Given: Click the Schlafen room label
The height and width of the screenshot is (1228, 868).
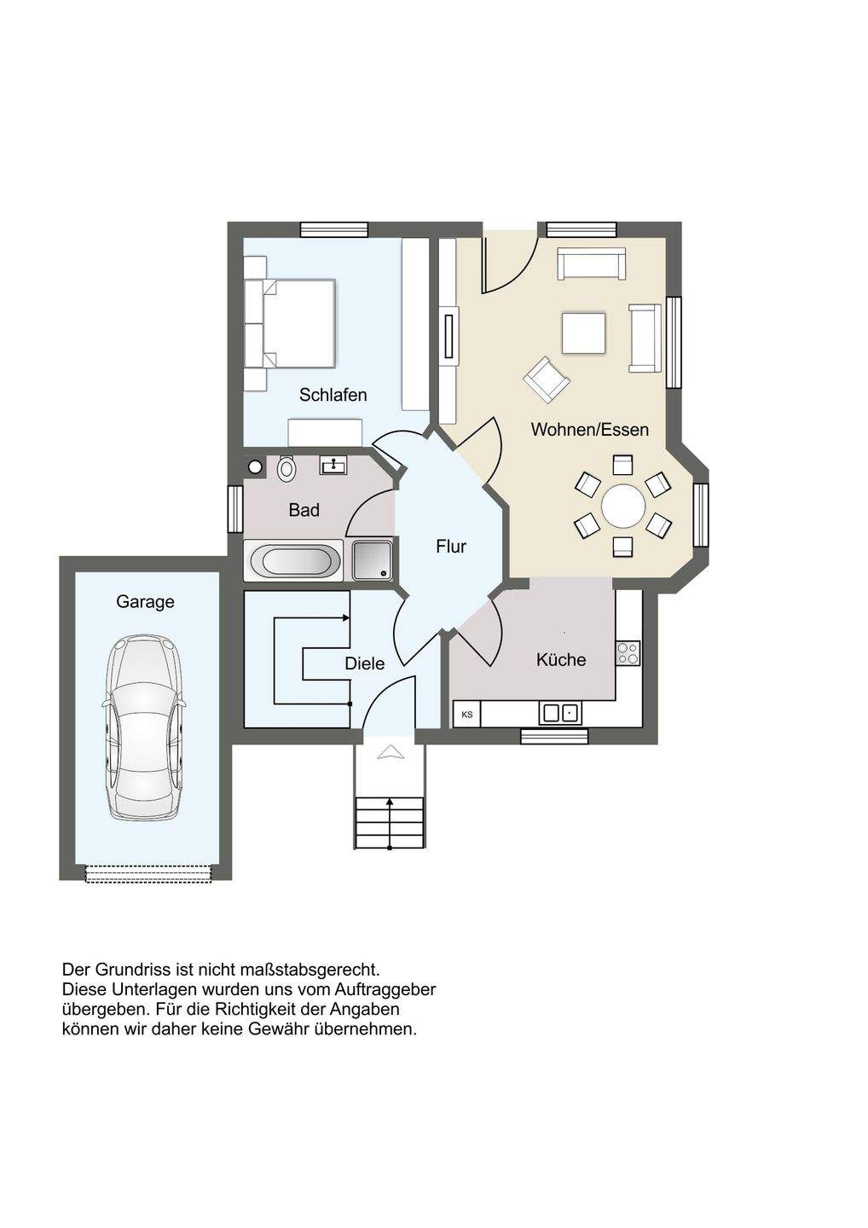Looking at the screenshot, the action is coord(333,395).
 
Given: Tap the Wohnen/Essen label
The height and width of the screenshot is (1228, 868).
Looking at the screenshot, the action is coord(590,429).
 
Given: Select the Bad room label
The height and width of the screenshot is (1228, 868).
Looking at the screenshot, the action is coord(304,510).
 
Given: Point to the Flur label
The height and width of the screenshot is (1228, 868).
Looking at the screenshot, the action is coord(451,546).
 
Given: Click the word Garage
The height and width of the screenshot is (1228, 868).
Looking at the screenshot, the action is coord(145,602).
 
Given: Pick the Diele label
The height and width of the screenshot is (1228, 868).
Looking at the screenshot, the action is coord(364,663).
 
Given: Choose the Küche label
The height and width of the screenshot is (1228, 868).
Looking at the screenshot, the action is coord(561,659).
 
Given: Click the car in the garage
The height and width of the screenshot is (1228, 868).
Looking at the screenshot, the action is coord(143,727).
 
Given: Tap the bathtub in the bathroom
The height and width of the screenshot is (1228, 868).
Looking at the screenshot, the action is coord(292,560).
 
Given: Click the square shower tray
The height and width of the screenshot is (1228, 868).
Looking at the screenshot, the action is coord(372,560).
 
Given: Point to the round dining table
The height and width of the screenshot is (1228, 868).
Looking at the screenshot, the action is coord(623,506).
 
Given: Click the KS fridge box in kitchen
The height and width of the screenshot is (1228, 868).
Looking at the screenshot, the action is coord(467,715).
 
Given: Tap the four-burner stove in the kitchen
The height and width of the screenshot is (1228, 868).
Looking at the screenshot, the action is coord(628,653).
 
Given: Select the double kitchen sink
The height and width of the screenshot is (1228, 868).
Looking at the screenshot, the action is coord(560,713).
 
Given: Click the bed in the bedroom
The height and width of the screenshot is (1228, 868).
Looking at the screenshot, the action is coord(291,322).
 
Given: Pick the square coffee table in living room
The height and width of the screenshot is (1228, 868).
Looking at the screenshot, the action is coord(583,333).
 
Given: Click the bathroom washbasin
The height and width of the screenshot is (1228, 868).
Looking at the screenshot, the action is coord(333,466).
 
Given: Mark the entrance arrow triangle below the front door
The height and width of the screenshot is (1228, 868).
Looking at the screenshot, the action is coord(391,752).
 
